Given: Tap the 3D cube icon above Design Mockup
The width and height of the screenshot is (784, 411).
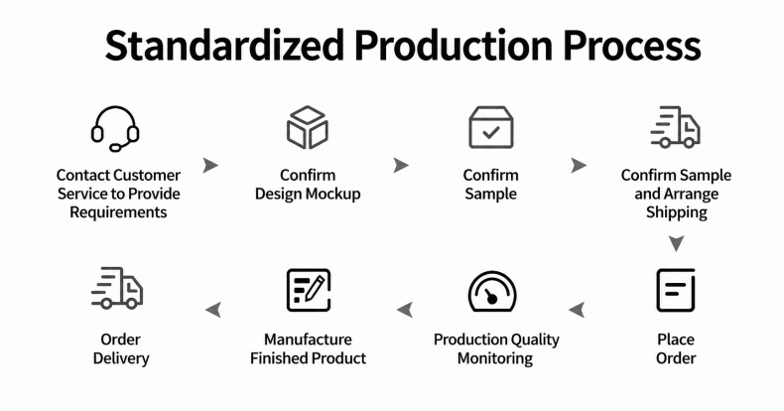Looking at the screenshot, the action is (x=308, y=127).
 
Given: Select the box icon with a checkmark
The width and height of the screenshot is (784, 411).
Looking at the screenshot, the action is (x=491, y=127).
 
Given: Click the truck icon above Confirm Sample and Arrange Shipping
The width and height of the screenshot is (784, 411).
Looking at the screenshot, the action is (x=675, y=127).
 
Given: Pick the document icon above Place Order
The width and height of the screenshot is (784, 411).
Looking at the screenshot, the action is (x=676, y=290).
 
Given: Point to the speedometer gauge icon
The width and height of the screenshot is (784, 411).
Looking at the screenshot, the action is (x=492, y=292).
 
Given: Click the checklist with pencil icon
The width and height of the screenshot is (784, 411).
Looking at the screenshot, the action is (x=309, y=290).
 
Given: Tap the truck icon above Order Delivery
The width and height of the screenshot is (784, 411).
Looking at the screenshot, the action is (x=117, y=288).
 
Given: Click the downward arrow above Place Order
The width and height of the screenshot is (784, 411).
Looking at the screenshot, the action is (x=677, y=243).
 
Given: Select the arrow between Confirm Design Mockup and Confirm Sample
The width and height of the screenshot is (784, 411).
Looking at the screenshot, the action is (x=401, y=165).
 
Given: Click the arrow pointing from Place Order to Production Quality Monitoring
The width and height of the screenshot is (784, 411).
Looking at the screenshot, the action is (x=577, y=310).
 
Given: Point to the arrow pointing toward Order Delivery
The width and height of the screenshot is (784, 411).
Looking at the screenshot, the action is (x=213, y=310).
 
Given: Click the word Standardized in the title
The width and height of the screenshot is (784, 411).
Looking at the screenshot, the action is (x=224, y=46).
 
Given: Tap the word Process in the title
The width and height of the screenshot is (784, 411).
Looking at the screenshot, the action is (x=632, y=46).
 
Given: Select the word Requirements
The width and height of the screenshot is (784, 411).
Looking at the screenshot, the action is (x=118, y=212).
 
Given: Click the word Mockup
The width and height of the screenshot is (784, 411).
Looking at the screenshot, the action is (x=333, y=194).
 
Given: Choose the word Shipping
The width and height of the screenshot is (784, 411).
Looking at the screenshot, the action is (x=677, y=212).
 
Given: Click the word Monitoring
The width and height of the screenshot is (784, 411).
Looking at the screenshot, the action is (x=495, y=358).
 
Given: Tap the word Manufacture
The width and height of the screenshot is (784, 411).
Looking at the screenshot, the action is (x=308, y=340).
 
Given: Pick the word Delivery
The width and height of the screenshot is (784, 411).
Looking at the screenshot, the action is (x=121, y=358).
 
